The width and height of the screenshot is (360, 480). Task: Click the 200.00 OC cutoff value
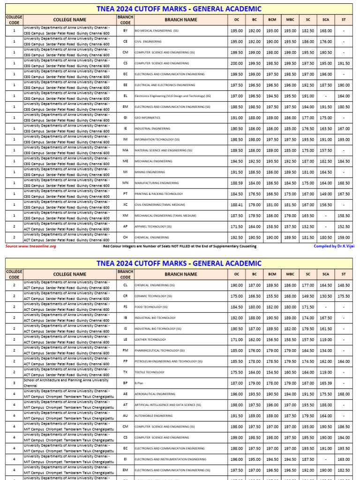click(236, 63)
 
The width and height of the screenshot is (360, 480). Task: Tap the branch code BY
click(125, 30)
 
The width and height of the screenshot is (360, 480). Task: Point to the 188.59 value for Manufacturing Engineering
click(236, 183)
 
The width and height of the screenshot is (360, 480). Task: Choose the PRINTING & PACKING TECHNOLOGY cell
click(158, 194)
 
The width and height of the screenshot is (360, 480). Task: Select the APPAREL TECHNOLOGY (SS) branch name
click(153, 226)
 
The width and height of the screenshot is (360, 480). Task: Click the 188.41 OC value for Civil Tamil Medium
click(236, 205)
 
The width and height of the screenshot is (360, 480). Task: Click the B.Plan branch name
click(140, 383)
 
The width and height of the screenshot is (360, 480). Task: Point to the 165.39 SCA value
click(326, 383)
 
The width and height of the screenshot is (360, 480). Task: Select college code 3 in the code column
click(14, 383)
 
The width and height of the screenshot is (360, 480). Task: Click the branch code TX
click(125, 372)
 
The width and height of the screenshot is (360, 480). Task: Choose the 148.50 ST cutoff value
click(344, 285)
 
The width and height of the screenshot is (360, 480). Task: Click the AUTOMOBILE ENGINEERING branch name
click(154, 416)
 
